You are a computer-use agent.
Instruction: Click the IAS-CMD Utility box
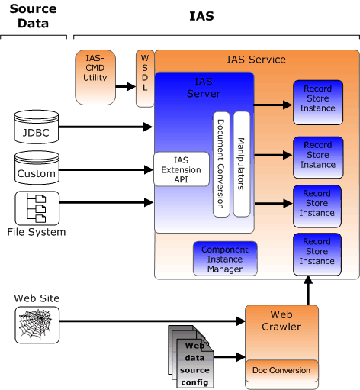pos(95,77)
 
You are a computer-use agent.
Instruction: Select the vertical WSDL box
pos(145,79)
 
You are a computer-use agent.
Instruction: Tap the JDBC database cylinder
pos(37,127)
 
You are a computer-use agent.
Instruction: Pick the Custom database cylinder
pos(37,168)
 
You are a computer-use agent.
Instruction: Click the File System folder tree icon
pos(37,208)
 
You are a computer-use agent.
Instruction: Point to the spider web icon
pos(37,325)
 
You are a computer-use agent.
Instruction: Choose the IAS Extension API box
pos(182,169)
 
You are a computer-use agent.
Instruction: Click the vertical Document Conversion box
pos(221,164)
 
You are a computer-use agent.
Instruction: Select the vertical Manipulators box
pos(242,164)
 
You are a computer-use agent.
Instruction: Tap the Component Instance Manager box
pos(225,259)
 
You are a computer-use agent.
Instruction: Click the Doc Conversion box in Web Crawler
pos(281,371)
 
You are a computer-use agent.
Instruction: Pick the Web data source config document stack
pos(191,356)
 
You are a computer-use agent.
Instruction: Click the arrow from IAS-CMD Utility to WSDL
pos(126,86)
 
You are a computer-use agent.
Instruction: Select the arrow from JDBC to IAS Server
pos(106,127)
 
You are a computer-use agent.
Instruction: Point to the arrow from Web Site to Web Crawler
pos(153,321)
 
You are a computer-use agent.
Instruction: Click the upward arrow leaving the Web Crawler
pos(308,290)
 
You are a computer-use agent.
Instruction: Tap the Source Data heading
pos(33,16)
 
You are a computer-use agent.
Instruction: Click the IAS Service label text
pos(256,60)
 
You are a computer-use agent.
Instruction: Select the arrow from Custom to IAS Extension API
pos(107,169)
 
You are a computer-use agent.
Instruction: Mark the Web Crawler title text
pos(281,321)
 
